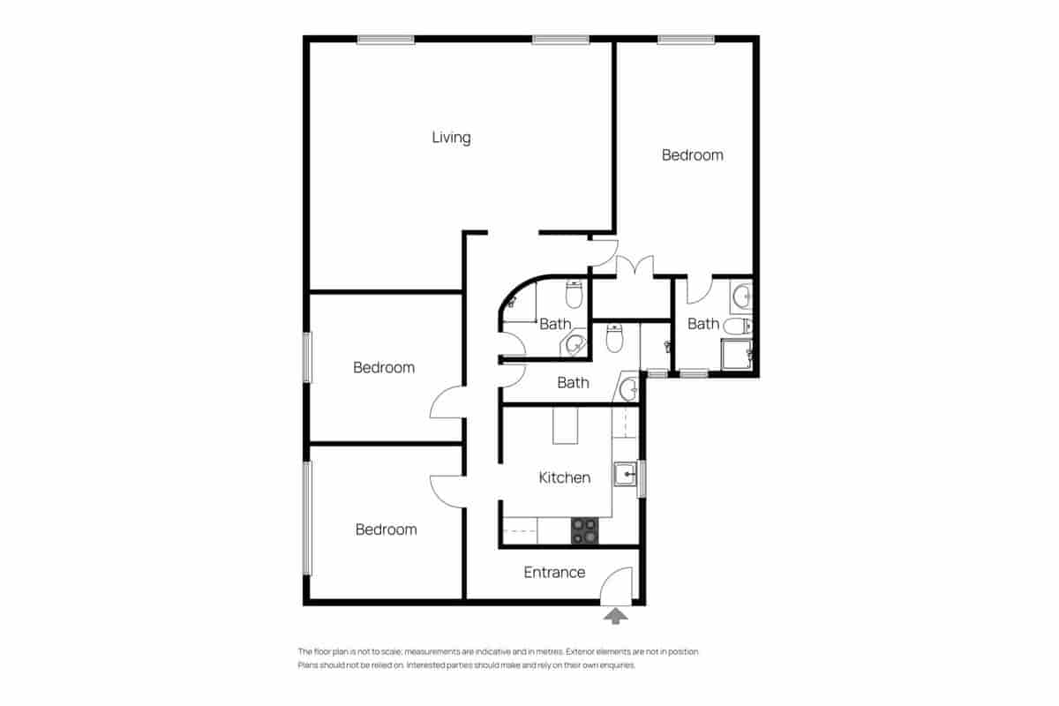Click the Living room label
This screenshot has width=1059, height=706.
(451, 138)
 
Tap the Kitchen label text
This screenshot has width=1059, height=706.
(564, 477)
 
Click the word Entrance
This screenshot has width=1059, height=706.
(554, 572)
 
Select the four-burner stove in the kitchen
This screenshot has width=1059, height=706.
(584, 529)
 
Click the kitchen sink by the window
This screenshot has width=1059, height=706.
(626, 475)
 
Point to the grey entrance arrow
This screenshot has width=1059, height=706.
(616, 615)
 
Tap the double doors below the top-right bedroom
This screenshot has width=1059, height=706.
(633, 267)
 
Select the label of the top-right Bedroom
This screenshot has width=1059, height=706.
(692, 155)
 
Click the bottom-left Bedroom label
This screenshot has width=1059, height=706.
(386, 529)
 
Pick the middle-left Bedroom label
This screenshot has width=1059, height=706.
(384, 367)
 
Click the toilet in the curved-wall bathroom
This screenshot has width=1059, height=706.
(574, 290)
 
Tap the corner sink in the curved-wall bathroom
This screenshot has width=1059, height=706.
(575, 344)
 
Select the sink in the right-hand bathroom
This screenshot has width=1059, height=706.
(740, 294)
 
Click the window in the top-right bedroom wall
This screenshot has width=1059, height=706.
(686, 39)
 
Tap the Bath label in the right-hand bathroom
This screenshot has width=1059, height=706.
(702, 324)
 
